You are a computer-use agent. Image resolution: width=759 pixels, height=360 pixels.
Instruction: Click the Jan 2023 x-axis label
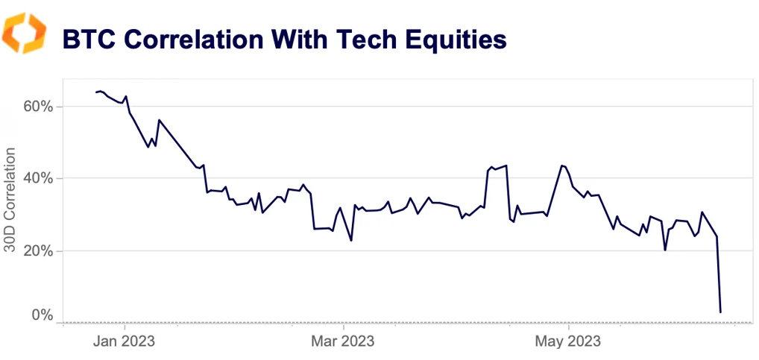click(x=125, y=342)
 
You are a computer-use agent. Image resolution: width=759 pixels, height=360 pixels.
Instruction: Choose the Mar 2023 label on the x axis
click(x=344, y=342)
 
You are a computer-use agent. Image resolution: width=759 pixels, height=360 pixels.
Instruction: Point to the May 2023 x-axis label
click(x=568, y=342)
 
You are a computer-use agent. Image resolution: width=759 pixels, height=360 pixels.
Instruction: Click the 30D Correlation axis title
click(x=10, y=200)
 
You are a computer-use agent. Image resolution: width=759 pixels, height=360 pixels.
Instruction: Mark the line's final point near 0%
click(x=720, y=312)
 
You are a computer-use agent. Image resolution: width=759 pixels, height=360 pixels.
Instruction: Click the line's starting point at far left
click(x=96, y=92)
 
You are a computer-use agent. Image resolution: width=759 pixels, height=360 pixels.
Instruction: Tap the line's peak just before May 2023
click(x=561, y=165)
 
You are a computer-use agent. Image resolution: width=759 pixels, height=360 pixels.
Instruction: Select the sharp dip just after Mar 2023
click(x=351, y=240)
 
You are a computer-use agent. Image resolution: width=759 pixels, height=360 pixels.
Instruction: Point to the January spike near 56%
click(x=159, y=120)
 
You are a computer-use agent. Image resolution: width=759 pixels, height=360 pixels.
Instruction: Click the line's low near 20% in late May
click(x=665, y=250)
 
